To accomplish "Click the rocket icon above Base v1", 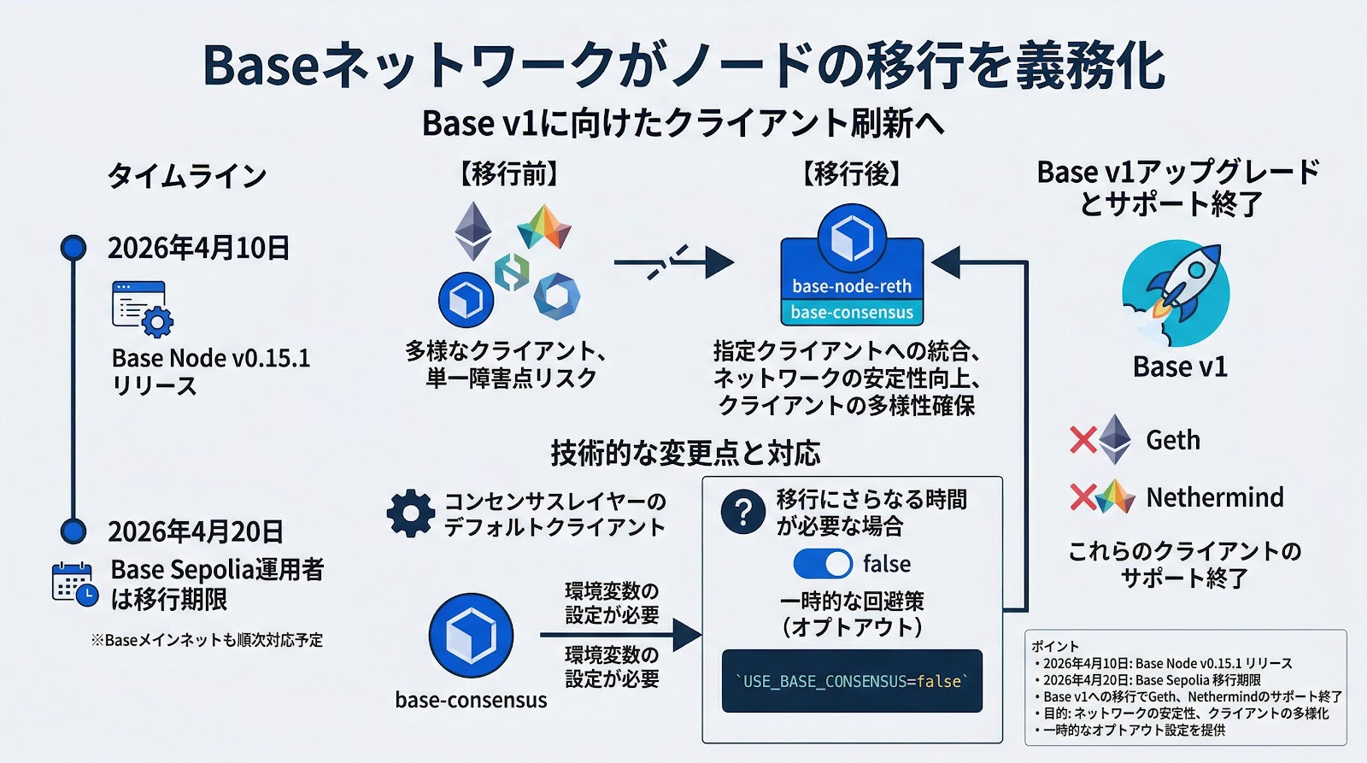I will (x=1176, y=293).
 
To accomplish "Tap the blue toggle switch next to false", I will (x=823, y=564).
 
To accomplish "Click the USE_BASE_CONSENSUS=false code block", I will (x=852, y=681).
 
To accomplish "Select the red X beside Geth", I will (x=1082, y=440).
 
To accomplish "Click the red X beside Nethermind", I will (x=1082, y=497).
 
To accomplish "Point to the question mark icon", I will (x=742, y=511).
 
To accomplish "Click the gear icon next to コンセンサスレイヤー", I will (x=411, y=514).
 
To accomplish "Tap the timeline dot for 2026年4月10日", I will (x=74, y=248).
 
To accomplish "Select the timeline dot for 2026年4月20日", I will (x=74, y=531).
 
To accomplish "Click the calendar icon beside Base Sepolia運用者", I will (x=74, y=584).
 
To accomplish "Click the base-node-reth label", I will (x=852, y=286).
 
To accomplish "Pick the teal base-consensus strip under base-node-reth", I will (x=852, y=313).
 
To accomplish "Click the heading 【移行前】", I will (x=509, y=174).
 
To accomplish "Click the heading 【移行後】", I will (x=852, y=174).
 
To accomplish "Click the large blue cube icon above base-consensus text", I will (x=471, y=636).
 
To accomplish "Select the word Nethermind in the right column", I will (x=1214, y=497).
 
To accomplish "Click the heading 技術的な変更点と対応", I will (x=685, y=453).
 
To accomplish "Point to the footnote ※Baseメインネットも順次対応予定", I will (x=207, y=640).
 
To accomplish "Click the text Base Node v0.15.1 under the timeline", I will (x=211, y=357).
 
